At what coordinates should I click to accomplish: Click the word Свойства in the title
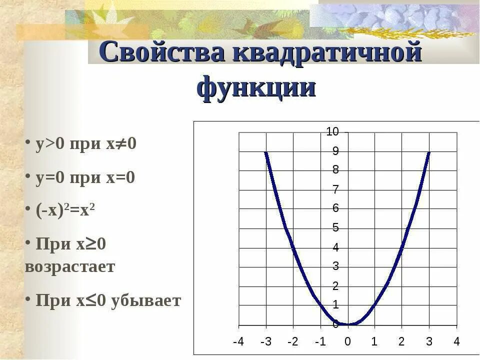click(162, 53)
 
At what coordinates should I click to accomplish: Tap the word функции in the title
click(256, 88)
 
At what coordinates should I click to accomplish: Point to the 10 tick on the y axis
click(332, 132)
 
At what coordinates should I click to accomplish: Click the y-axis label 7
click(336, 189)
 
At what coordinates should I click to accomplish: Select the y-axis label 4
click(336, 247)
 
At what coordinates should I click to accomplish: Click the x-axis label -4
click(239, 342)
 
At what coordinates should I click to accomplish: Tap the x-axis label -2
click(293, 342)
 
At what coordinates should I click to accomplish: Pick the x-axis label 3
click(428, 342)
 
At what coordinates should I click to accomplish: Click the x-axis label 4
click(456, 342)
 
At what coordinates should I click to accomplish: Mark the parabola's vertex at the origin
click(348, 324)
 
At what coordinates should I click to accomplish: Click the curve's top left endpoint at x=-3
click(266, 152)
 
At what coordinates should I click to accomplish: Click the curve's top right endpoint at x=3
click(429, 152)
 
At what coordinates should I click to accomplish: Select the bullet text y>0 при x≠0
click(85, 144)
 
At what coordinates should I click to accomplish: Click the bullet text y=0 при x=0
click(85, 177)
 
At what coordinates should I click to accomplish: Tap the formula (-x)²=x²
click(65, 210)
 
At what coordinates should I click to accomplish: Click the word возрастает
click(70, 266)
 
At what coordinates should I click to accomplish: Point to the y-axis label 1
click(336, 304)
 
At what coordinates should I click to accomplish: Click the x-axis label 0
click(347, 342)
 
